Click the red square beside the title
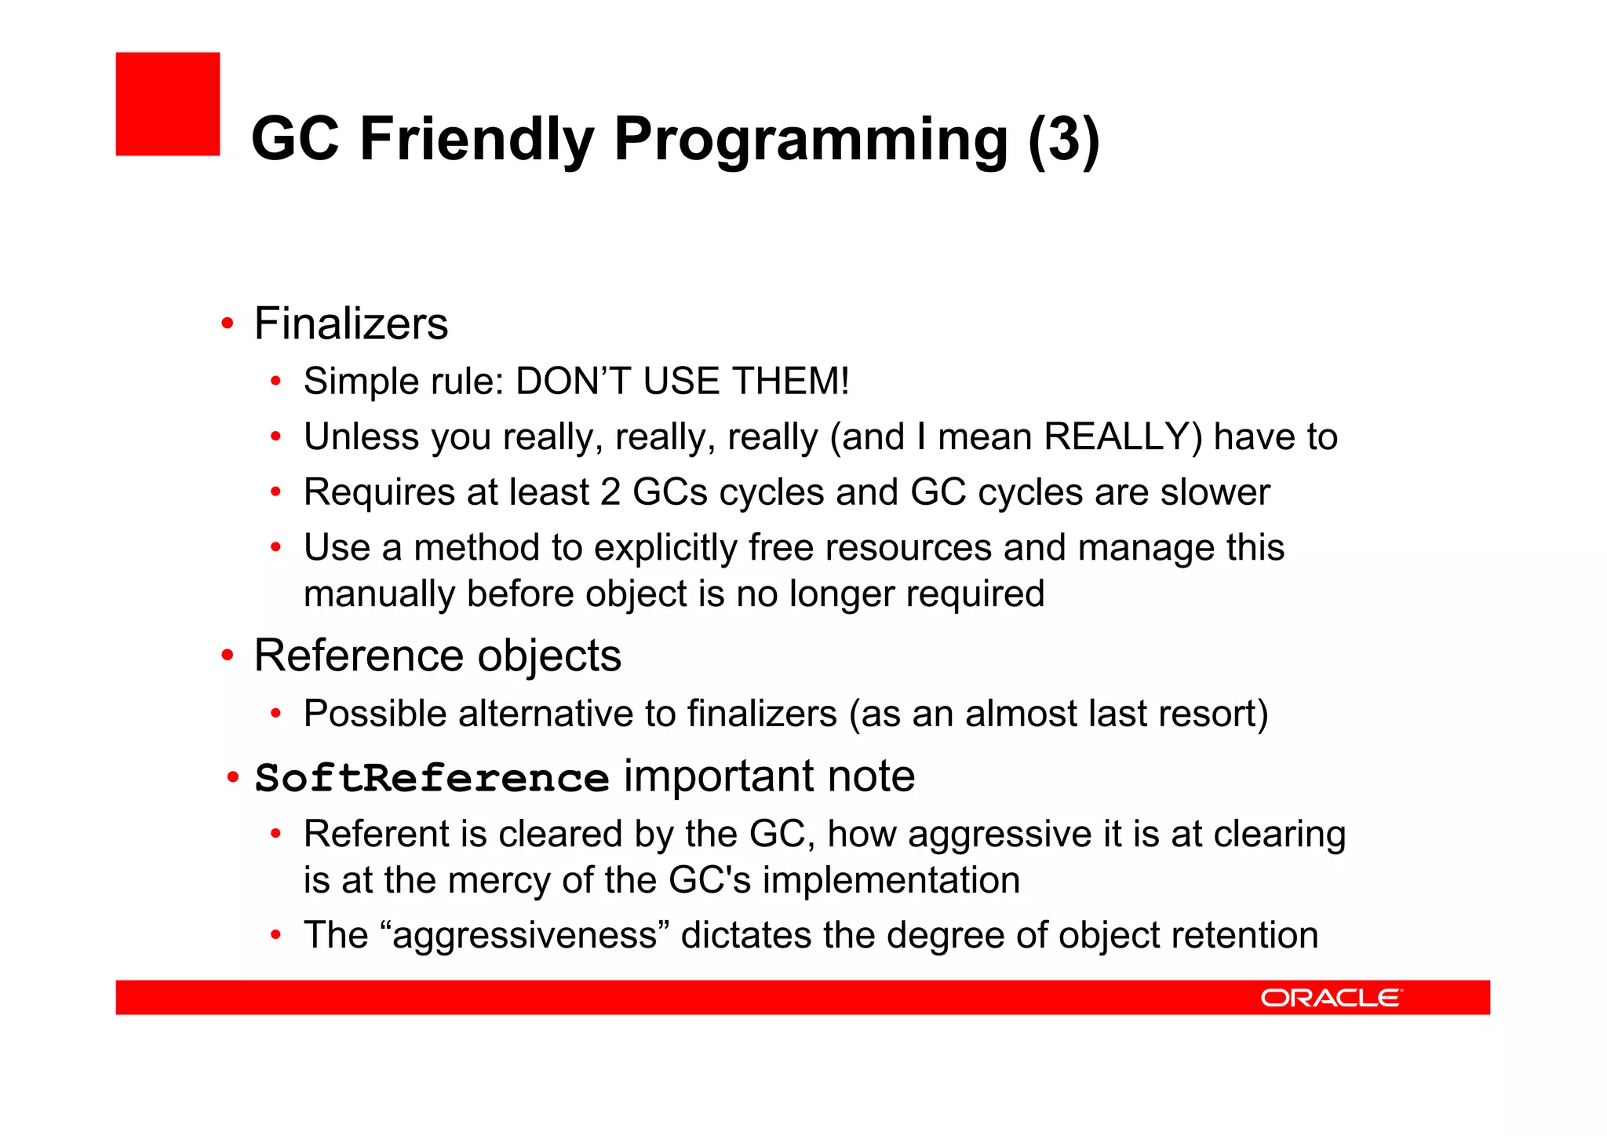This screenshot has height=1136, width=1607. click(167, 104)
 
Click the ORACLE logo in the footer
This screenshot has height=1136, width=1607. click(1331, 998)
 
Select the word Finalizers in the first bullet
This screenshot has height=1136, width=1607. click(351, 323)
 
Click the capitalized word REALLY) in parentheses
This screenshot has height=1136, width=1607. click(1123, 437)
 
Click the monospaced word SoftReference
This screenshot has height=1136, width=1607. click(432, 778)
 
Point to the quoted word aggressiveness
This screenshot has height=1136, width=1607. click(524, 936)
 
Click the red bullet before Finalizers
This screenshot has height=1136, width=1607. click(228, 323)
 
